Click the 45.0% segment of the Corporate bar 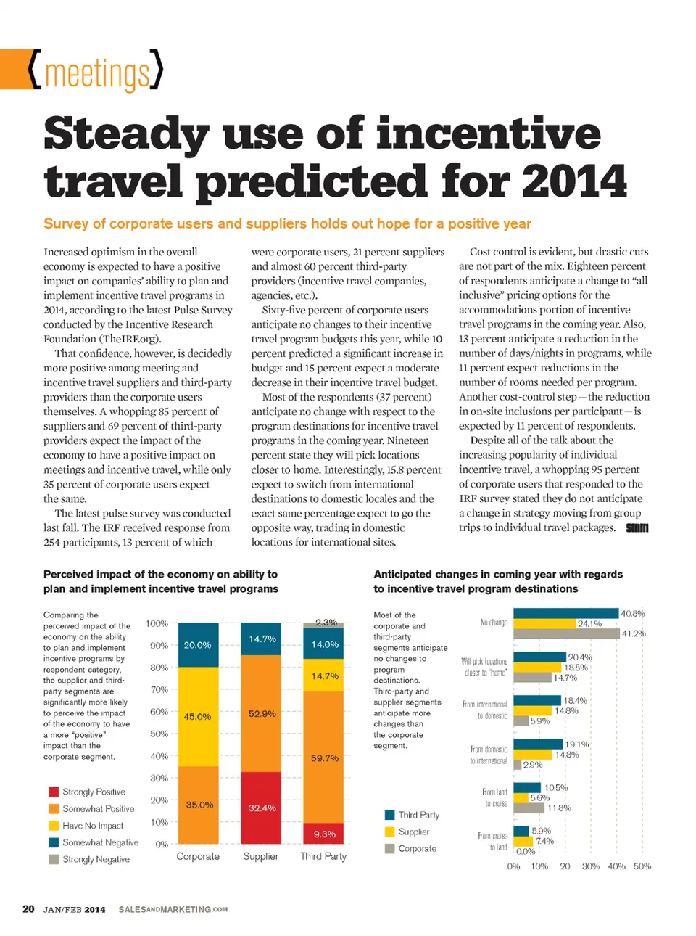(x=198, y=717)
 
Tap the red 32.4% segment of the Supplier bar (x=261, y=808)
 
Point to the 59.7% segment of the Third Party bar (x=324, y=758)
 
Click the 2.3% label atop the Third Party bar (x=326, y=623)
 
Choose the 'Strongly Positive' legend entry (x=94, y=792)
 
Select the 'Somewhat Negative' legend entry (x=100, y=842)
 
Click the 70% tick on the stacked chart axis (x=159, y=689)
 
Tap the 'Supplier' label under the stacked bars (x=261, y=856)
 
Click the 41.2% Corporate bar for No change (x=566, y=633)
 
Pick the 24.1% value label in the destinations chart (x=589, y=623)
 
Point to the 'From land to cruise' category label (x=495, y=797)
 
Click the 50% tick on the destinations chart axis (x=642, y=866)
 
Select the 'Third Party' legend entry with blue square (x=418, y=815)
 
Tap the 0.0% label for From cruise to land (x=526, y=851)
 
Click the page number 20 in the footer (x=28, y=909)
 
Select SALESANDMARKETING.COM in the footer (x=173, y=909)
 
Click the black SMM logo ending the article (x=637, y=527)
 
